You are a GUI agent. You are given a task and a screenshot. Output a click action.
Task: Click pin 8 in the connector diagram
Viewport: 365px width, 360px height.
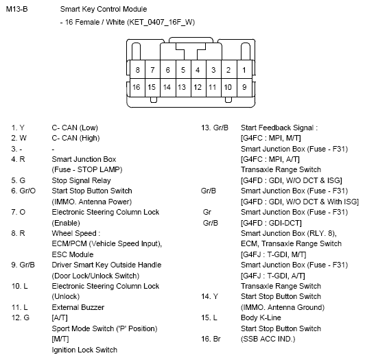137,70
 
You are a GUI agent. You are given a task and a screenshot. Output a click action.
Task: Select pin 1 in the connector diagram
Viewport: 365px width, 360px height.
244,70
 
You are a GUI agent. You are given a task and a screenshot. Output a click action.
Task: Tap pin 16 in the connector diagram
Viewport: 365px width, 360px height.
137,87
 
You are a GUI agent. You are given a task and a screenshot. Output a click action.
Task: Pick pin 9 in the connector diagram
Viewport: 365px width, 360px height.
244,87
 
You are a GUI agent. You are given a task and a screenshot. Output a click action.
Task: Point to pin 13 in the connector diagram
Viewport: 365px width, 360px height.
182,87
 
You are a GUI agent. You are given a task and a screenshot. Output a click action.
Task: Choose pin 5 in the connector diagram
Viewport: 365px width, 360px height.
182,70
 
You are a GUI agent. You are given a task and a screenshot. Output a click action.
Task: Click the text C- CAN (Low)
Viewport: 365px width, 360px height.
75,128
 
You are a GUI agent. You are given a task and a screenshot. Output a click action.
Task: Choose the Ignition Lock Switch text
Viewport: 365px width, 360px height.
84,350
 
